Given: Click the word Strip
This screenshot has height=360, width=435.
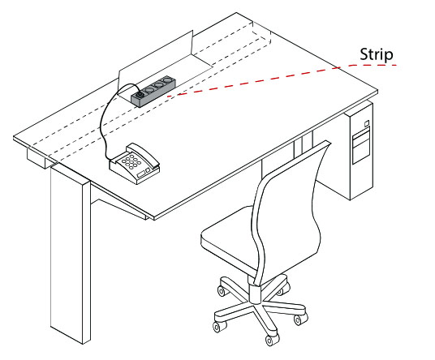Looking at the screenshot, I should [x=377, y=54].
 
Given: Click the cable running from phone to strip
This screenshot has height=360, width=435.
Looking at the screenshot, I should [x=103, y=130].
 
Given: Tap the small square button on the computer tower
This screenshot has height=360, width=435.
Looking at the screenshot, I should [x=366, y=123].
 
